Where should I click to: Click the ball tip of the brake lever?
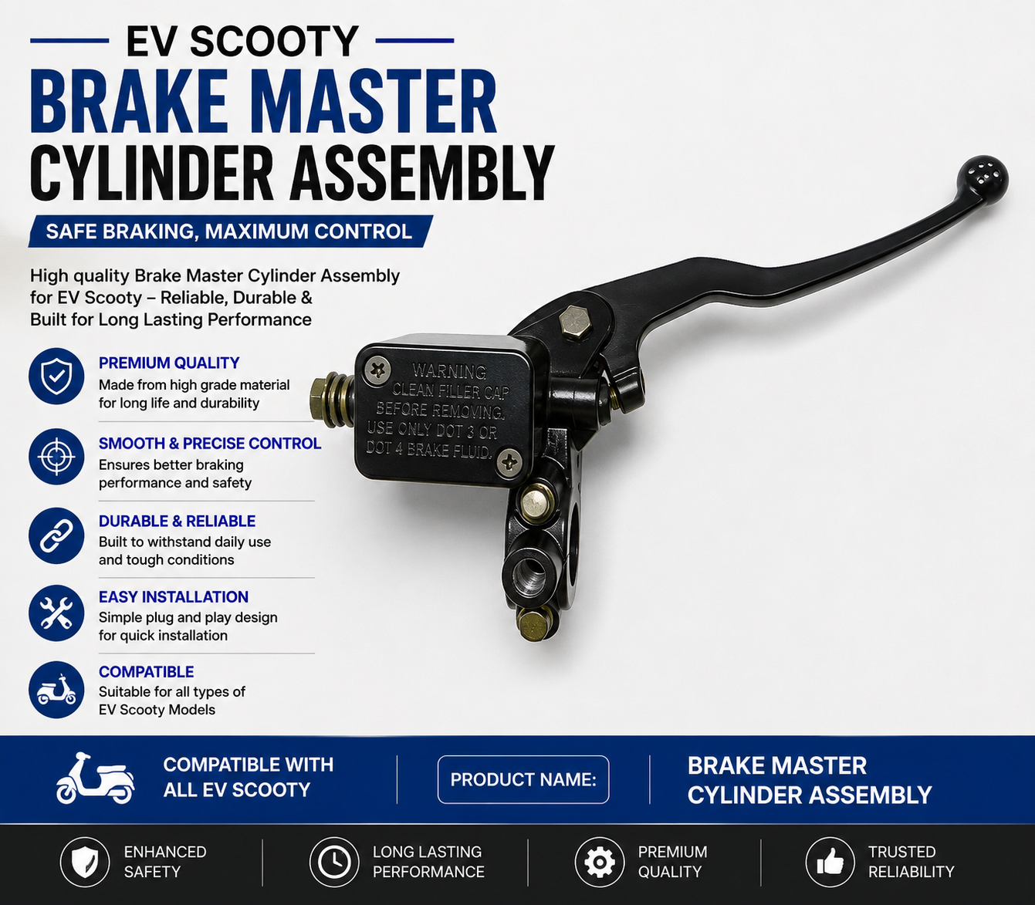click(983, 180)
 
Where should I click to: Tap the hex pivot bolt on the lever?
click(577, 322)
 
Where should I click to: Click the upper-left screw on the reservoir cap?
click(377, 370)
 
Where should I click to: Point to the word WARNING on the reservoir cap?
click(449, 370)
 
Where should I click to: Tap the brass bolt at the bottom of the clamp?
click(533, 625)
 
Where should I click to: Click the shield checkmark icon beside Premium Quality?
click(56, 377)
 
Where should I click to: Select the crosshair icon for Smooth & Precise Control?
click(56, 457)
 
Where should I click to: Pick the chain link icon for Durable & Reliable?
click(56, 536)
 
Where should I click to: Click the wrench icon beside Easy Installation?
click(56, 613)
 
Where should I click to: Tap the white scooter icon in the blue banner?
click(95, 778)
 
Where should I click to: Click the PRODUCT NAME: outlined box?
click(523, 779)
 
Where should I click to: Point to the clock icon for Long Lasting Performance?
click(334, 862)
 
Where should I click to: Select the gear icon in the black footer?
click(600, 862)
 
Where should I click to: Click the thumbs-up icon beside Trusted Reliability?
click(830, 862)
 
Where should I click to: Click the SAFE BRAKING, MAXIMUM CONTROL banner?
click(230, 231)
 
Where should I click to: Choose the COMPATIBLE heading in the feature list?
click(146, 671)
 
